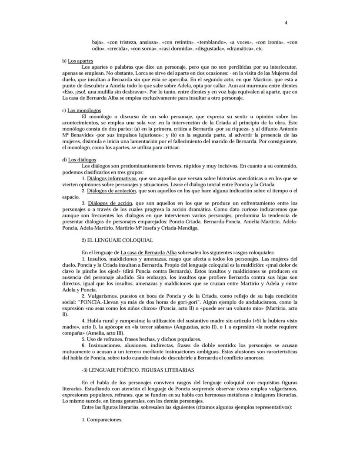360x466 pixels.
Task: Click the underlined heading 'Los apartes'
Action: pyautogui.click(x=80, y=61)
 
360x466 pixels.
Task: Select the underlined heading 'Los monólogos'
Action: pyautogui.click(x=84, y=111)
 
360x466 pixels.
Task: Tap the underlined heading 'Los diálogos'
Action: pyautogui.click(x=82, y=160)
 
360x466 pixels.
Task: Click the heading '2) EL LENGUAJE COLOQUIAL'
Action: pyautogui.click(x=117, y=240)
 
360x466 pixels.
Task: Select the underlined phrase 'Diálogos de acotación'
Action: pyautogui.click(x=112, y=191)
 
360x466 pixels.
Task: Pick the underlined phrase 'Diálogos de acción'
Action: pyautogui.click(x=110, y=203)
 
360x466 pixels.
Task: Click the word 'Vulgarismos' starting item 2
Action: pyautogui.click(x=103, y=295)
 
